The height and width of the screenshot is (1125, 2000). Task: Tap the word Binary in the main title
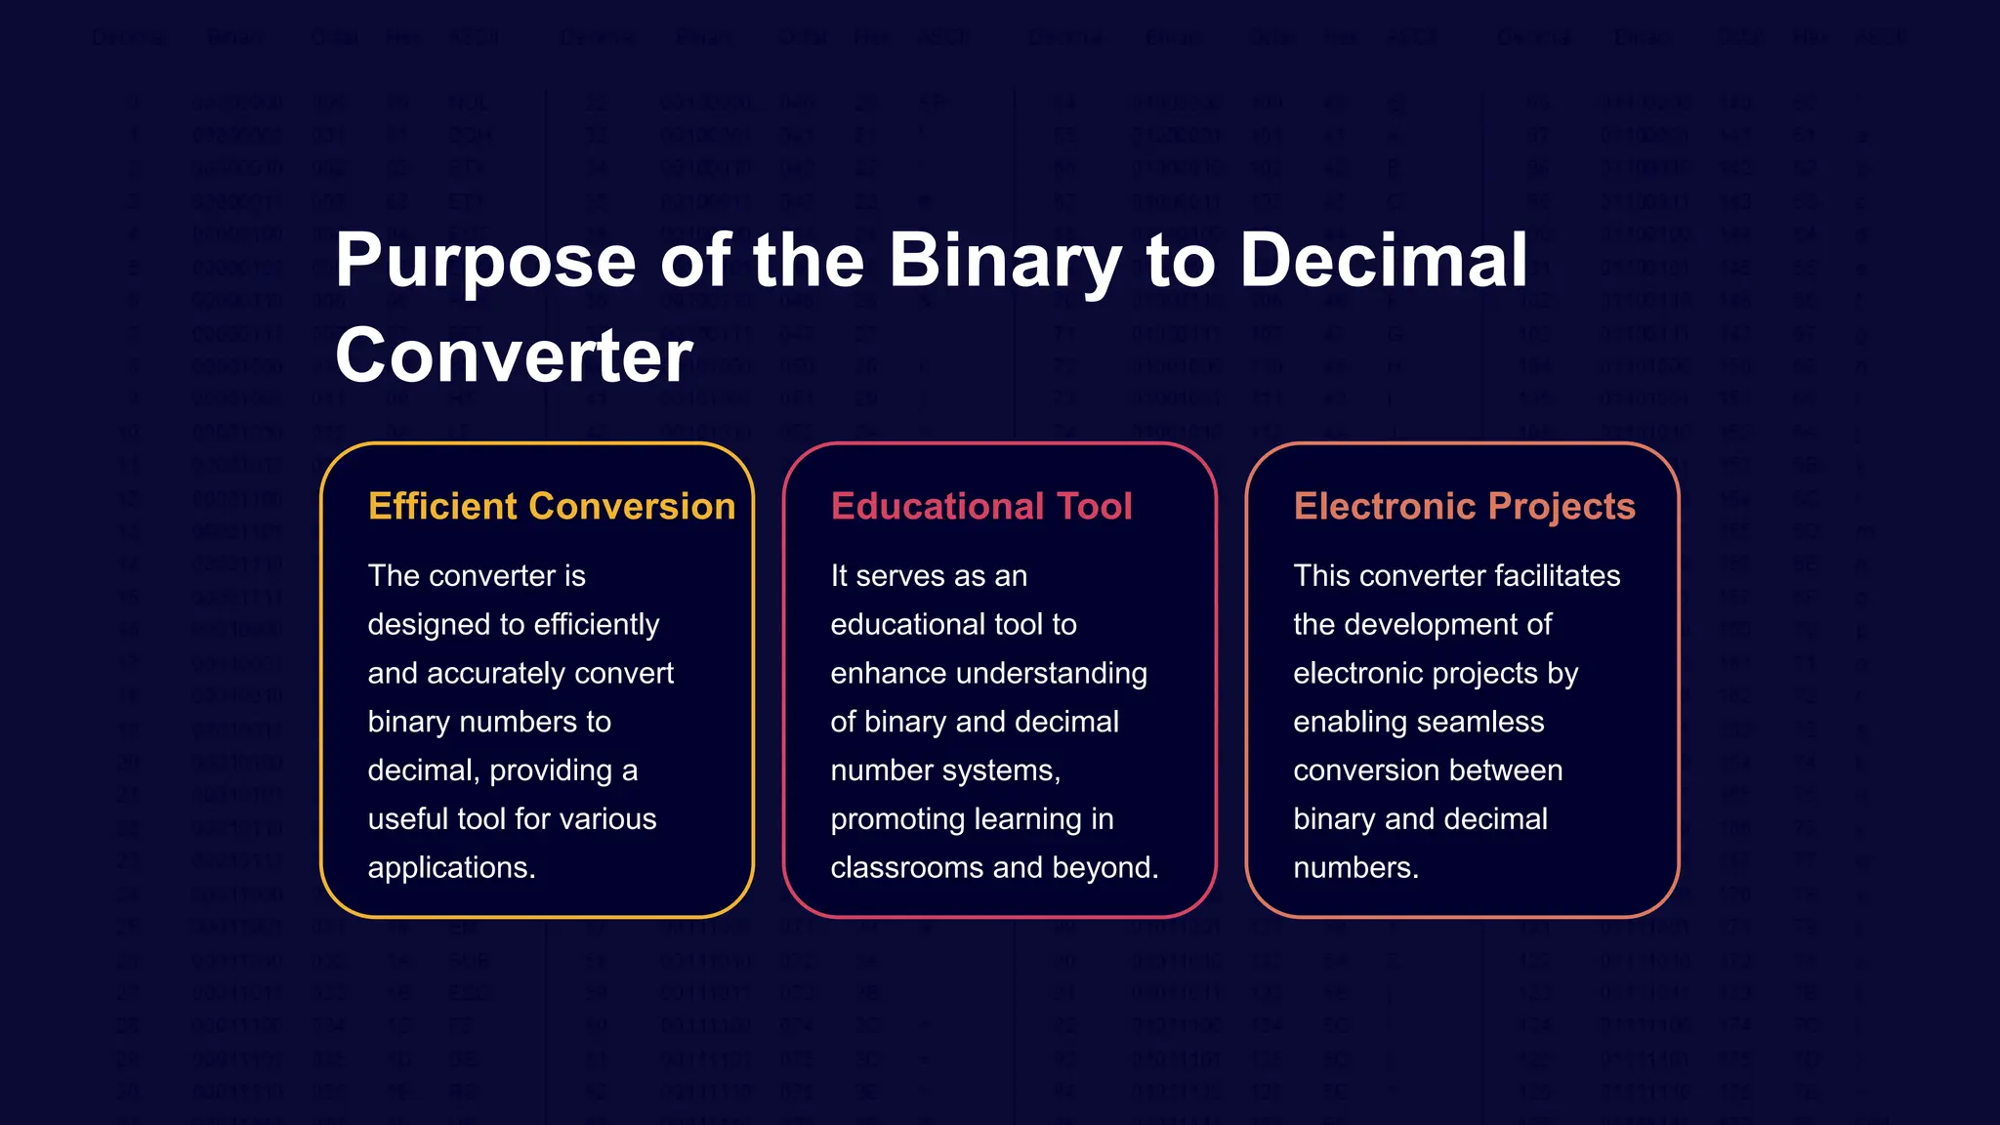click(x=1005, y=262)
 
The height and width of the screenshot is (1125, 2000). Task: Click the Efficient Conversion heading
click(x=552, y=507)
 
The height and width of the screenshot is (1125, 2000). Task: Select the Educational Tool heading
click(x=980, y=507)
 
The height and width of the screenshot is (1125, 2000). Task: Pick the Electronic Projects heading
click(x=1464, y=507)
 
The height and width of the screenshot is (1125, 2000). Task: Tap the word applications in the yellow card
click(x=451, y=868)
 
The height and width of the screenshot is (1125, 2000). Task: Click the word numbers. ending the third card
click(x=1355, y=868)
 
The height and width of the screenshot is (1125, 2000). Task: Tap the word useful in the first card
click(x=407, y=819)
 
